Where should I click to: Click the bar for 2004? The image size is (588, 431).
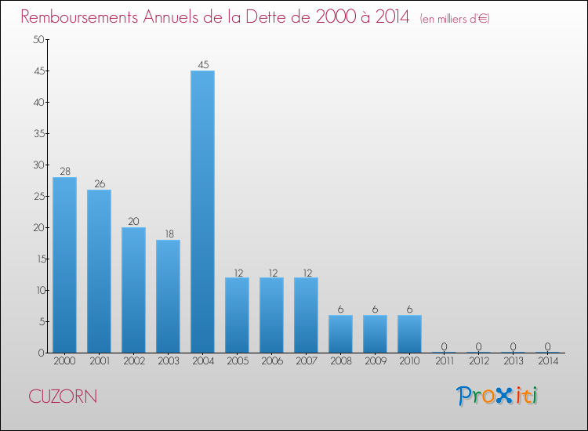pos(202,212)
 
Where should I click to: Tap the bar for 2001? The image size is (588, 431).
pos(99,271)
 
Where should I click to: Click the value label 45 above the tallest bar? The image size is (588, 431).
pos(202,65)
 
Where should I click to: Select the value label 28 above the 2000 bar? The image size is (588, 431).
pos(64,172)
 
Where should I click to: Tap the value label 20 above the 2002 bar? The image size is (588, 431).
pos(133,222)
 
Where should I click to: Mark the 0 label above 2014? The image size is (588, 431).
pos(547,347)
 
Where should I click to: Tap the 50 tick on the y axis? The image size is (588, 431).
pos(36,40)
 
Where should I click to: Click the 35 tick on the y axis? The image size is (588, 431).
pos(36,134)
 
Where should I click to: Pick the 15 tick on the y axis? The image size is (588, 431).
pos(36,259)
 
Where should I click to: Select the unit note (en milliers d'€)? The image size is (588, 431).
pos(455,18)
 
